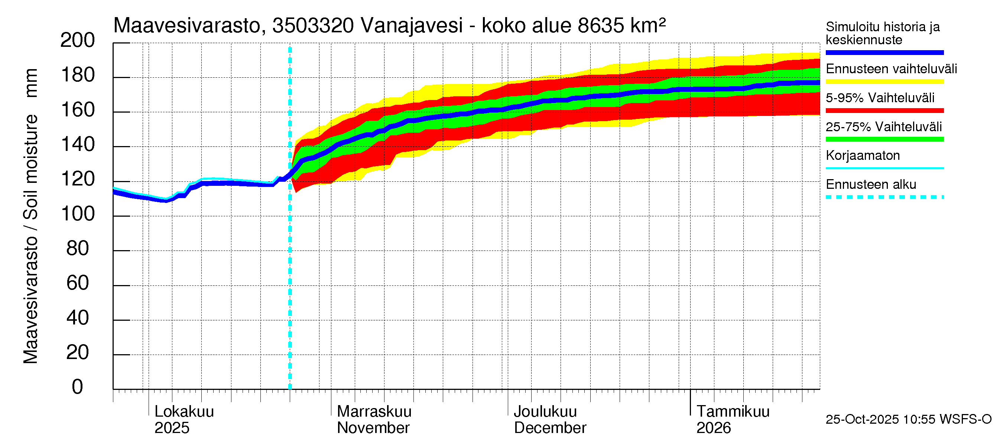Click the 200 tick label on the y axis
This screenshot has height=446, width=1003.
click(x=78, y=41)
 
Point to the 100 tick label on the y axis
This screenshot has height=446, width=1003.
click(x=78, y=214)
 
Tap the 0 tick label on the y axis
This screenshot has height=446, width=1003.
click(x=78, y=387)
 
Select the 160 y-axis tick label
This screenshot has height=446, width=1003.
click(x=78, y=110)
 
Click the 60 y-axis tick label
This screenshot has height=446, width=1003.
click(x=78, y=283)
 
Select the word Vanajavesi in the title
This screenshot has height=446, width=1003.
click(x=412, y=26)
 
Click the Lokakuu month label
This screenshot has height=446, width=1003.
click(x=184, y=411)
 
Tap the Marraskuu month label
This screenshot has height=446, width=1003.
click(x=374, y=411)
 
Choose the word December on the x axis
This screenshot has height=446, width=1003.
click(x=550, y=428)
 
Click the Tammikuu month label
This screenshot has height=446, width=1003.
click(x=733, y=411)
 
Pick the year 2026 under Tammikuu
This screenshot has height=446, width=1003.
click(x=713, y=428)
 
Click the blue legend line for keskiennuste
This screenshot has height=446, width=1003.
click(x=884, y=52)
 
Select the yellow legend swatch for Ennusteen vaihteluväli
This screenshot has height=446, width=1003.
click(x=884, y=82)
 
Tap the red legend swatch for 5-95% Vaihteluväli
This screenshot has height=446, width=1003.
click(x=884, y=111)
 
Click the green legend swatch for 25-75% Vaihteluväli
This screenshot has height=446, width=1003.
click(x=884, y=139)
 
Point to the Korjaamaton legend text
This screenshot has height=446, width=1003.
click(x=863, y=155)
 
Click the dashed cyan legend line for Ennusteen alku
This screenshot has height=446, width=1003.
click(x=884, y=197)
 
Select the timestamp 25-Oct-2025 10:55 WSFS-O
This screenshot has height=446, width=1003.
click(x=908, y=419)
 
